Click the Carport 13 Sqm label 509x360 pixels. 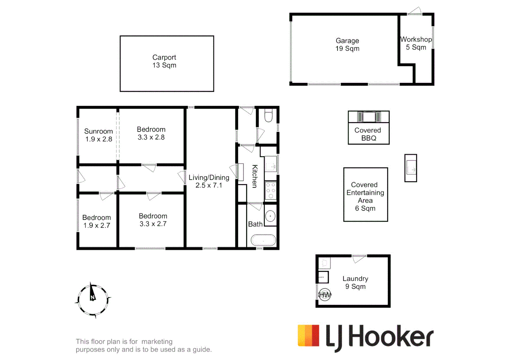164,61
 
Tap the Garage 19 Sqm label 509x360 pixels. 347,45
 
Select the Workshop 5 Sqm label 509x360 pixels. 416,43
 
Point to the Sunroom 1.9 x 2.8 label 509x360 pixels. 98,135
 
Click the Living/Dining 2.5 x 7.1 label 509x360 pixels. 209,181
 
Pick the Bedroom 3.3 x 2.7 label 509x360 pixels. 153,220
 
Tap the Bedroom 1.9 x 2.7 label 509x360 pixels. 96,221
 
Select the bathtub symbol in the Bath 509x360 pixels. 263,240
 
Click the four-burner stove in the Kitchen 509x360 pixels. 271,191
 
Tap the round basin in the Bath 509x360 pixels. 270,216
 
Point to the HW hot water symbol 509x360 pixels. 325,295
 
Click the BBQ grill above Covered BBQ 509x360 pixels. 369,117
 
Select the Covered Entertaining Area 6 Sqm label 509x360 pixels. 365,196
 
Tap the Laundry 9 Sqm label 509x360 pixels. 355,282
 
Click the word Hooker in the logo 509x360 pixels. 391,337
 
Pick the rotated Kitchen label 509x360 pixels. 255,176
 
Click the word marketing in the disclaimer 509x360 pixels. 157,341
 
